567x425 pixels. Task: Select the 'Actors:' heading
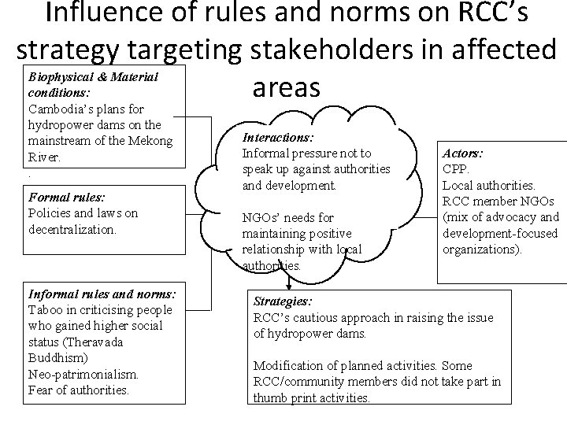(x=465, y=154)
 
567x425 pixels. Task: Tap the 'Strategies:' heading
(x=281, y=301)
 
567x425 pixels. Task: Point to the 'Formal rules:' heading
(x=66, y=198)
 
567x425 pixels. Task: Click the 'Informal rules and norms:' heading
(x=102, y=294)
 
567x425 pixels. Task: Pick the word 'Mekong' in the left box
(x=148, y=141)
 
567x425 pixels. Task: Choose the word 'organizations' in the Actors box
(x=480, y=248)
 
